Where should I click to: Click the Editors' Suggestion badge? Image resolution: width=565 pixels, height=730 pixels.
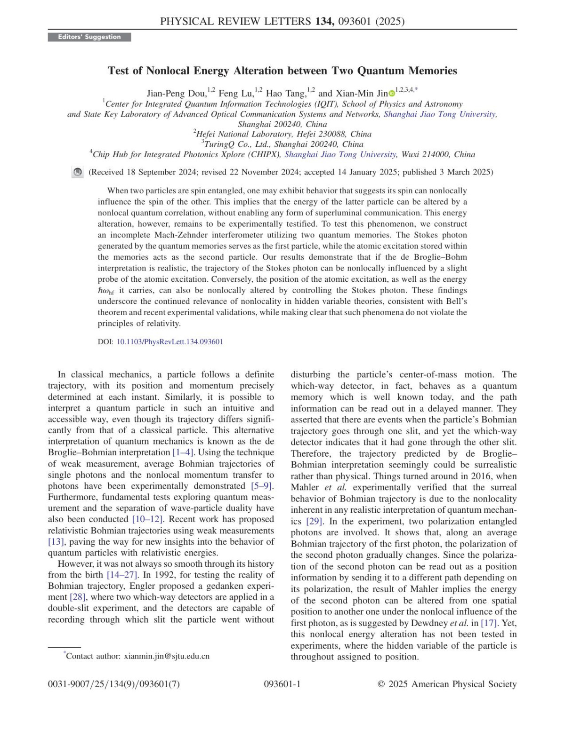[89, 37]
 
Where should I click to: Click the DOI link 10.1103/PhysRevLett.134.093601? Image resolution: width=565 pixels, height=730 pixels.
[169, 342]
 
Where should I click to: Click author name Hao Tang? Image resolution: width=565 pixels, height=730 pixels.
[286, 94]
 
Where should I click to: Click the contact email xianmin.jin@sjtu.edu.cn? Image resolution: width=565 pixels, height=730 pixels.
[167, 656]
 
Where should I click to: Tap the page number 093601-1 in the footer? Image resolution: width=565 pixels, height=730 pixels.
[282, 684]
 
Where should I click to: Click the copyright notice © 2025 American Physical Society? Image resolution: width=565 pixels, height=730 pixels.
[447, 684]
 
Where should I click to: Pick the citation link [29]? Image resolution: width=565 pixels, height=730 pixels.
[314, 521]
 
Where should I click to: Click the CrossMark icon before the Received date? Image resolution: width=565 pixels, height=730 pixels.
[78, 173]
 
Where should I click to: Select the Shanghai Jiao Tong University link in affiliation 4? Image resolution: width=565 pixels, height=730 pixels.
[340, 154]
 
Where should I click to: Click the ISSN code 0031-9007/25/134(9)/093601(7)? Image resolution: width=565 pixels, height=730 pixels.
[114, 684]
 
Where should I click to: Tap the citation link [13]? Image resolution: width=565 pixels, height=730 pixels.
[56, 542]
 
